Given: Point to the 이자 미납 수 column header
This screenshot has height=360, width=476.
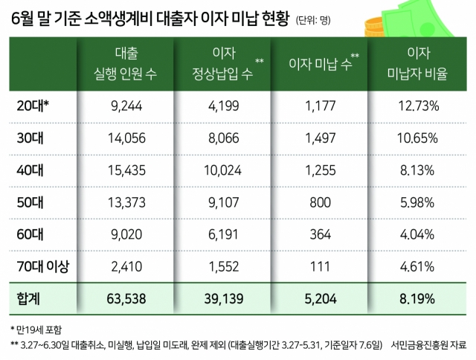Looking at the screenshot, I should pos(320,65).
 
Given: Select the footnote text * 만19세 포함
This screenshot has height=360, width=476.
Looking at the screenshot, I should pos(36,328).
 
